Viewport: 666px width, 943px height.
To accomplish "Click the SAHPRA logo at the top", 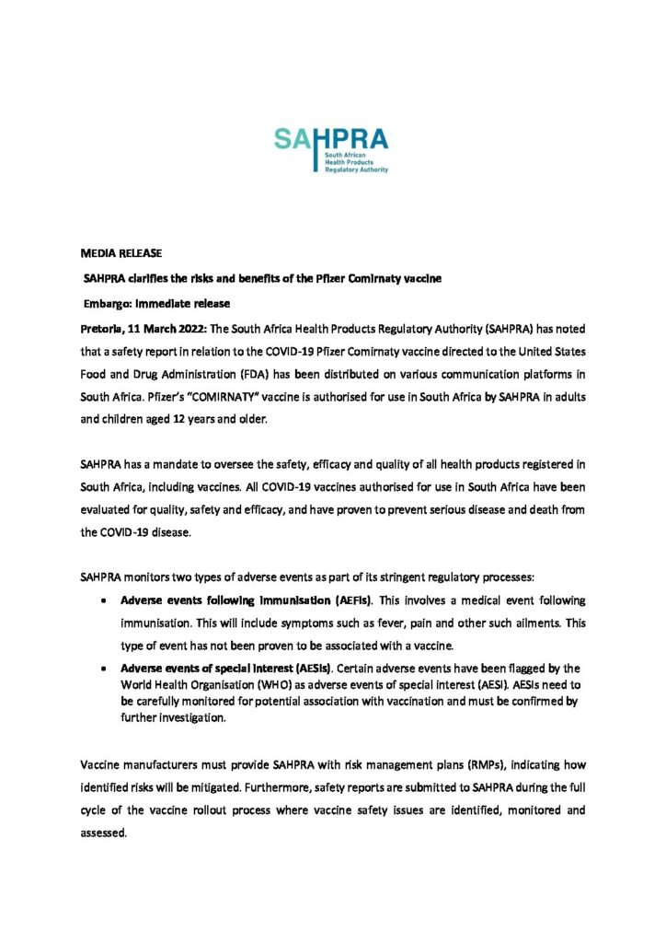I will click(x=331, y=150).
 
